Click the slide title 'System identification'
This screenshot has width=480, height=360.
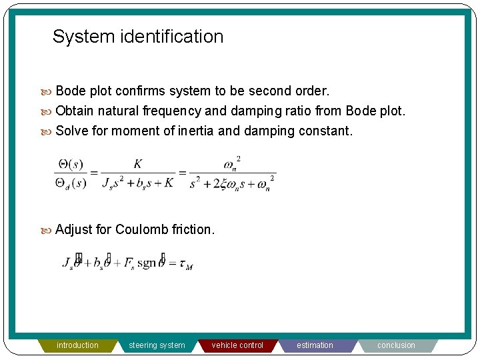(138, 37)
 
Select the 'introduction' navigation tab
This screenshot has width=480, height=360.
(77, 345)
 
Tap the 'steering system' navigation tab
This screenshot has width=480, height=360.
(157, 345)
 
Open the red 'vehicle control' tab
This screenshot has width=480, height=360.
(237, 345)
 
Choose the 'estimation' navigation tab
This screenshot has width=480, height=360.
(315, 345)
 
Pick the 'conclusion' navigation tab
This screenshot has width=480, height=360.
(396, 345)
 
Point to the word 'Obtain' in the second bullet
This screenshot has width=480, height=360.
(75, 111)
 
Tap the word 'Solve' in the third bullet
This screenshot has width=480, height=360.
(72, 131)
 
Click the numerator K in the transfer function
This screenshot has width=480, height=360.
(138, 164)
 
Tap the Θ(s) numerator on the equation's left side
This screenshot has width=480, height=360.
(71, 163)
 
